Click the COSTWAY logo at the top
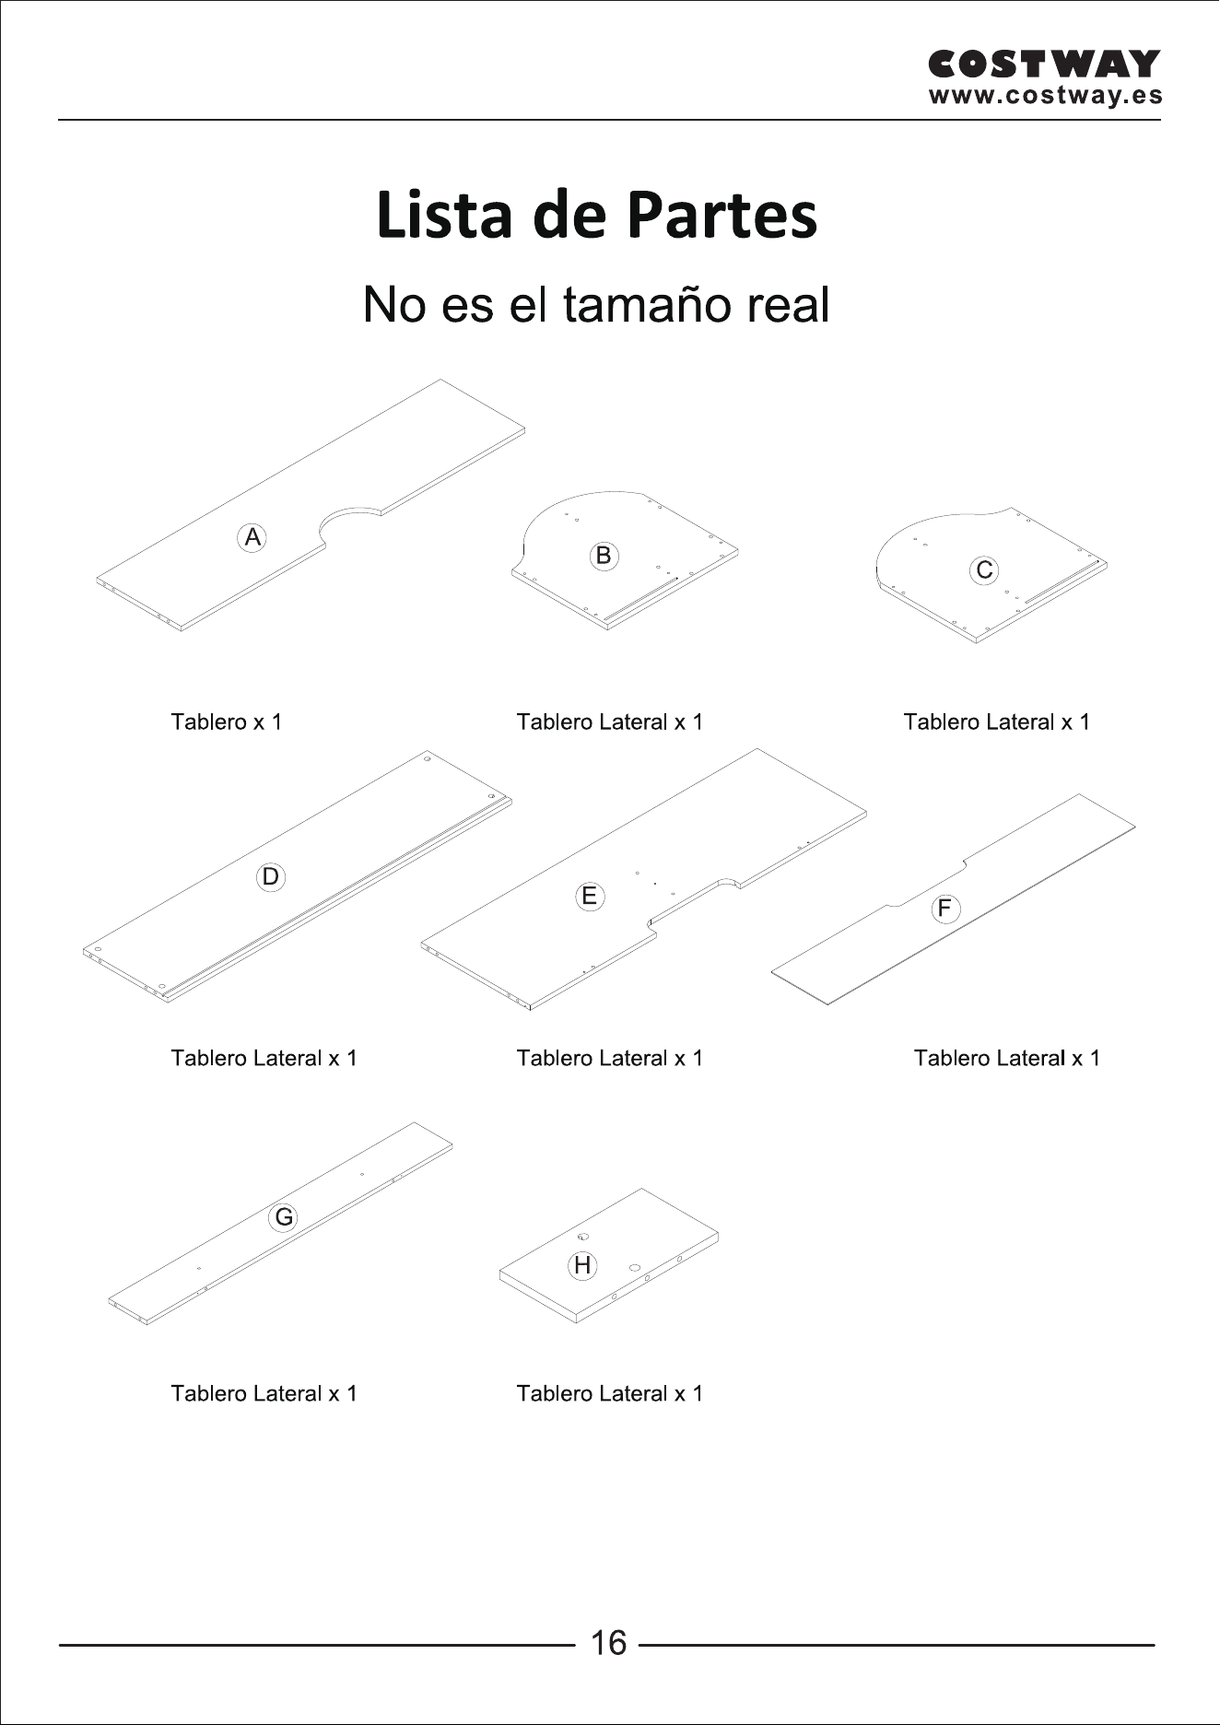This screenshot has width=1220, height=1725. click(1044, 65)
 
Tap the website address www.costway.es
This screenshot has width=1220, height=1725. click(1046, 96)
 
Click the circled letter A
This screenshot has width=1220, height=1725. click(252, 537)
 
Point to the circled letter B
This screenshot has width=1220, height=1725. click(604, 556)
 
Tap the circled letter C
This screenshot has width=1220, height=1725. click(985, 570)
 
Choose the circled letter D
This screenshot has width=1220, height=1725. click(270, 876)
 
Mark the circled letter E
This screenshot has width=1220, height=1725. click(590, 896)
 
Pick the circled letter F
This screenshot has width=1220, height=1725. click(944, 909)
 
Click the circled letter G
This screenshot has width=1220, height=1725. click(284, 1217)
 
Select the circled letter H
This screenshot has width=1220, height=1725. click(582, 1265)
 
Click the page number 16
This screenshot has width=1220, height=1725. click(608, 1643)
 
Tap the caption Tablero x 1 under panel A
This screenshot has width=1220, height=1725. click(227, 722)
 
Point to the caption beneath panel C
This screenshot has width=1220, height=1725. click(997, 722)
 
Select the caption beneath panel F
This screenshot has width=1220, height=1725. click(1007, 1058)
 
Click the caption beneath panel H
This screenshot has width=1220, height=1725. click(610, 1393)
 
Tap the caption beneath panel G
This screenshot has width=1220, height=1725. click(264, 1393)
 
